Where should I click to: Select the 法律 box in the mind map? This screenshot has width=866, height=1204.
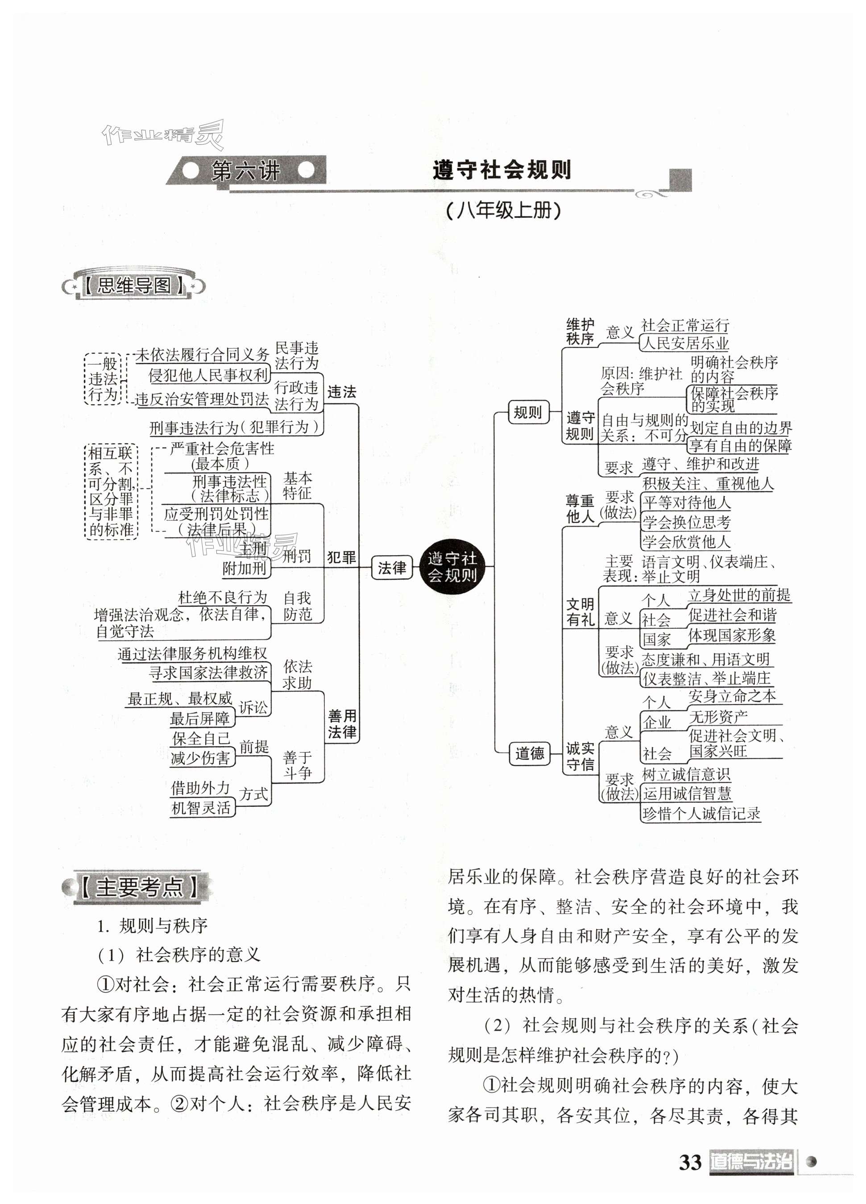point(392,568)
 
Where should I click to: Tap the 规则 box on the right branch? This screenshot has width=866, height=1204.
point(527,412)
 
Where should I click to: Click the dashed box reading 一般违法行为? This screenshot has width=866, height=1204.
point(103,379)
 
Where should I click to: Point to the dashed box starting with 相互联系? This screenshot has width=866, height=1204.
point(111,492)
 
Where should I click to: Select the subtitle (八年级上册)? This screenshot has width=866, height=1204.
point(503,211)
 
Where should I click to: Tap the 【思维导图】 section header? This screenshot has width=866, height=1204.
point(134,286)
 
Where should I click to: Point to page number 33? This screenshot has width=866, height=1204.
point(690,1162)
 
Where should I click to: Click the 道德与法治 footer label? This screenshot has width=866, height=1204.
point(751,1162)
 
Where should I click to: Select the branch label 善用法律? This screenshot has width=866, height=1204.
point(342,724)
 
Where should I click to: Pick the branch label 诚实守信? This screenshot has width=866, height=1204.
point(580,756)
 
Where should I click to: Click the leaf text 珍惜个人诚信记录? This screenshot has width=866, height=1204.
point(701,813)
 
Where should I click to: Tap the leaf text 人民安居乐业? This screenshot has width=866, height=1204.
point(685,343)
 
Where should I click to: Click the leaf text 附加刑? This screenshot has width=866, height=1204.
point(244,569)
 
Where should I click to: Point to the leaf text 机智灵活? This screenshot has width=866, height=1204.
point(201,808)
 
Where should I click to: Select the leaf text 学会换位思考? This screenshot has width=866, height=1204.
point(686,523)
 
